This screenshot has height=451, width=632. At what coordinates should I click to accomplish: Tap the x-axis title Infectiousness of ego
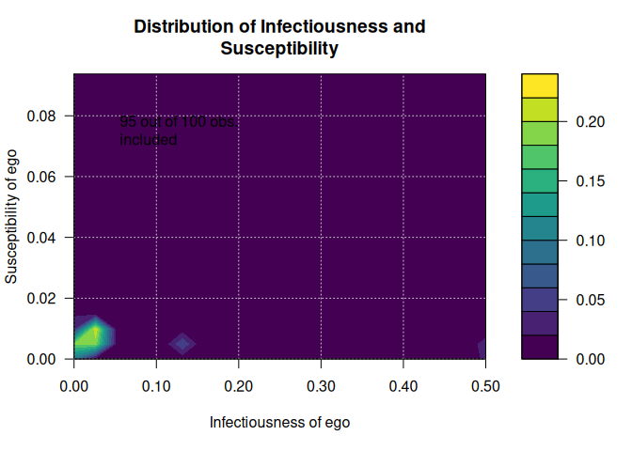tap(279, 423)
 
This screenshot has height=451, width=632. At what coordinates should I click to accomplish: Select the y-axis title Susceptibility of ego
tap(12, 216)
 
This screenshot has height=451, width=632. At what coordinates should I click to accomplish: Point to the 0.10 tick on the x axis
tap(156, 386)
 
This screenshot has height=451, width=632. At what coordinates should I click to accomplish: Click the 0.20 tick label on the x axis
tap(239, 386)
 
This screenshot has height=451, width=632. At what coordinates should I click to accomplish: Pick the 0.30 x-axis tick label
tap(321, 386)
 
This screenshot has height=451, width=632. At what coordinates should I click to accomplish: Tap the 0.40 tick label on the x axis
tap(403, 386)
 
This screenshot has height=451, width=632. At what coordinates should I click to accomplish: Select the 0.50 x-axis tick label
tap(485, 386)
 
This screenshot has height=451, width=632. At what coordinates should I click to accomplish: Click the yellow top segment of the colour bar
tap(540, 86)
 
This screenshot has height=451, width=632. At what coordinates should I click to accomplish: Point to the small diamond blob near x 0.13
tap(182, 344)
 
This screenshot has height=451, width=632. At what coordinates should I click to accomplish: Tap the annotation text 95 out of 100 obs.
tap(177, 122)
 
